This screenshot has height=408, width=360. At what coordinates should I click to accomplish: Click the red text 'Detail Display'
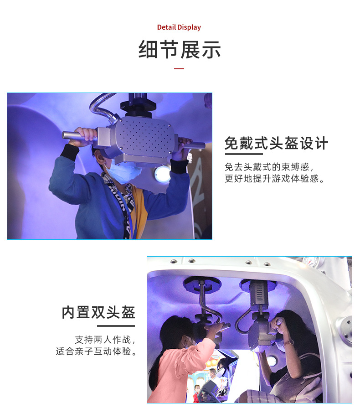pos(179,27)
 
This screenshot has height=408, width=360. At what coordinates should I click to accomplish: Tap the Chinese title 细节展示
pos(180,50)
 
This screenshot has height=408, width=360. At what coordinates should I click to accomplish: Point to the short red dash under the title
pos(179,68)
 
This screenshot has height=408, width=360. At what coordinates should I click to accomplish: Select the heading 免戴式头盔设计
pos(276,144)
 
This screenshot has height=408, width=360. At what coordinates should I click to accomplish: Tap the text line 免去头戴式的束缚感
pos(269,167)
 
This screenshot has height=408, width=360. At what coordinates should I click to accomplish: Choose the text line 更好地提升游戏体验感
pos(275,179)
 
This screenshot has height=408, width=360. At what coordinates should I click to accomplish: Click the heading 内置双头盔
pos(98,313)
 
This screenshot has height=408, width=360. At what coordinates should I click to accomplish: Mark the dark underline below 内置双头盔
pos(116,325)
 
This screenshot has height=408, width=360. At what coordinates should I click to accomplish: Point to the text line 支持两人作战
pos(105,340)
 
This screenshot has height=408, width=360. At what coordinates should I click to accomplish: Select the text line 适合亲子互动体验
pos(97,352)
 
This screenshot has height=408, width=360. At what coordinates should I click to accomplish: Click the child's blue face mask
pos(124,173)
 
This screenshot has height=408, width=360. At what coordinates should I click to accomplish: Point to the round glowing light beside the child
pos(162,174)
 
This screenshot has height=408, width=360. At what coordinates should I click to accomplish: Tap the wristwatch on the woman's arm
pos(288,342)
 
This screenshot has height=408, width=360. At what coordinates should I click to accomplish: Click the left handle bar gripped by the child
pos(72,135)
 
